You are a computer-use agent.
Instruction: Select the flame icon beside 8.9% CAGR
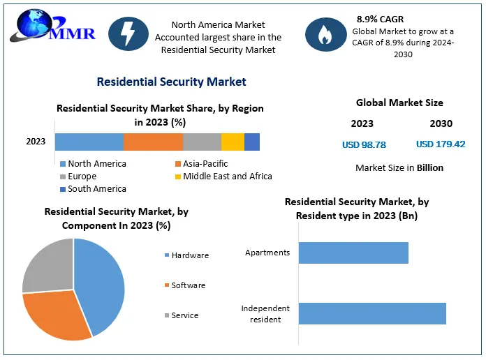(x=325, y=35)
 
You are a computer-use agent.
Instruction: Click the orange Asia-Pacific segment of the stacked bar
(x=153, y=142)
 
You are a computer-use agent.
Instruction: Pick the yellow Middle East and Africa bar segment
(x=233, y=142)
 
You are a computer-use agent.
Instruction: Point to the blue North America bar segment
(x=89, y=142)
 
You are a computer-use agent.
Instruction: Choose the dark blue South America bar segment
(x=252, y=142)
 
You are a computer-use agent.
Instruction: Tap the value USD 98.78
(x=364, y=145)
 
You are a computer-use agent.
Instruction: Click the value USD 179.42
(x=441, y=144)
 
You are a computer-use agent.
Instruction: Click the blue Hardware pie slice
(x=101, y=286)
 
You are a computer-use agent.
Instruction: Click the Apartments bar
(x=353, y=253)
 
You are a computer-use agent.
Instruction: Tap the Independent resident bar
(x=372, y=313)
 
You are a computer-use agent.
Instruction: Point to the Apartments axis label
(x=267, y=253)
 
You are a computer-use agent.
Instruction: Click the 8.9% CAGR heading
(x=380, y=20)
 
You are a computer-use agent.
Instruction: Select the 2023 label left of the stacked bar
(x=36, y=142)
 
